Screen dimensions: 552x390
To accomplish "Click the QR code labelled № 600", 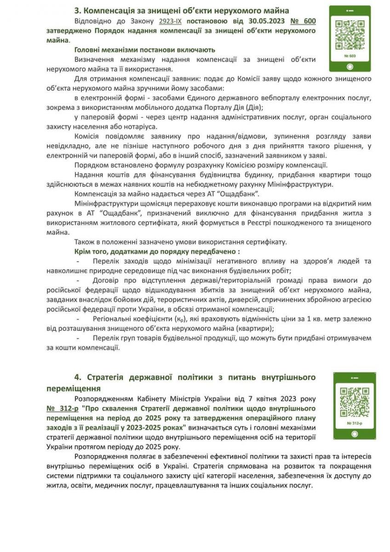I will [350, 35].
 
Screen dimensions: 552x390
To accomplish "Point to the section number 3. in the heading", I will [77, 11].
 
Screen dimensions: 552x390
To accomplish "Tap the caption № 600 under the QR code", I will [350, 56].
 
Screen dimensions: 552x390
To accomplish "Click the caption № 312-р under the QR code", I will [355, 423].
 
